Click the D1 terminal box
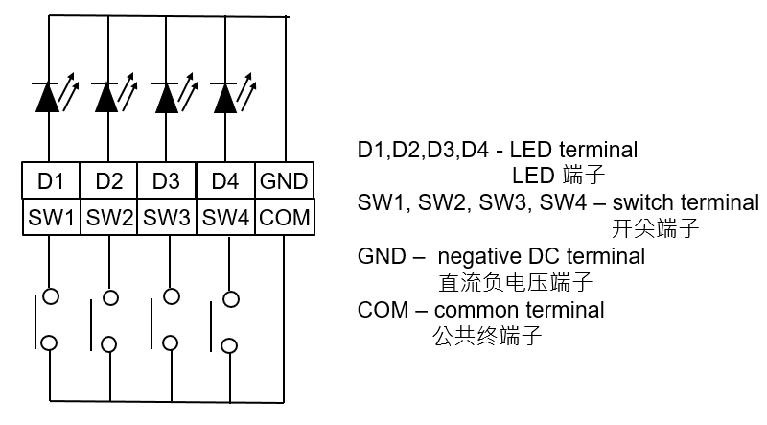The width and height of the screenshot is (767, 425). coord(51,181)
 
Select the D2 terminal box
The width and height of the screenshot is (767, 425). coord(109,181)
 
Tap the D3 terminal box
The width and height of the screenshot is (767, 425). coord(166,181)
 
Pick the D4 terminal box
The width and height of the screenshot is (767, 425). coord(225,181)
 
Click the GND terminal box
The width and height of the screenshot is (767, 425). coord(285,181)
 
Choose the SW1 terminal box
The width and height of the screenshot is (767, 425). coord(51,217)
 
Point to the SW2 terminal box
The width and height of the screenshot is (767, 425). coord(109,217)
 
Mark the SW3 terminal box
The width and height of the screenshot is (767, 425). coord(166,217)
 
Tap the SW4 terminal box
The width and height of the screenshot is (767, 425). coord(225,217)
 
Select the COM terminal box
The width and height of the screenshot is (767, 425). coord(285,217)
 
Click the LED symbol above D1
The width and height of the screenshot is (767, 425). coord(53,97)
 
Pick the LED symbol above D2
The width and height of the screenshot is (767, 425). coord(111,97)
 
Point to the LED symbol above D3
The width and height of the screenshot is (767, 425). coord(170,97)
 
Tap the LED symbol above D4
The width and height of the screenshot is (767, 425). coord(228,97)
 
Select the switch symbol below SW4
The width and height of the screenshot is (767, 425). coord(223,321)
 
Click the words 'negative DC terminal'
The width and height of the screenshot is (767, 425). coord(542,257)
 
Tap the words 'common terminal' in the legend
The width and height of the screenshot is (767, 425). coord(519,310)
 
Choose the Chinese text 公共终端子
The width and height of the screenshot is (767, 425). coord(488,336)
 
